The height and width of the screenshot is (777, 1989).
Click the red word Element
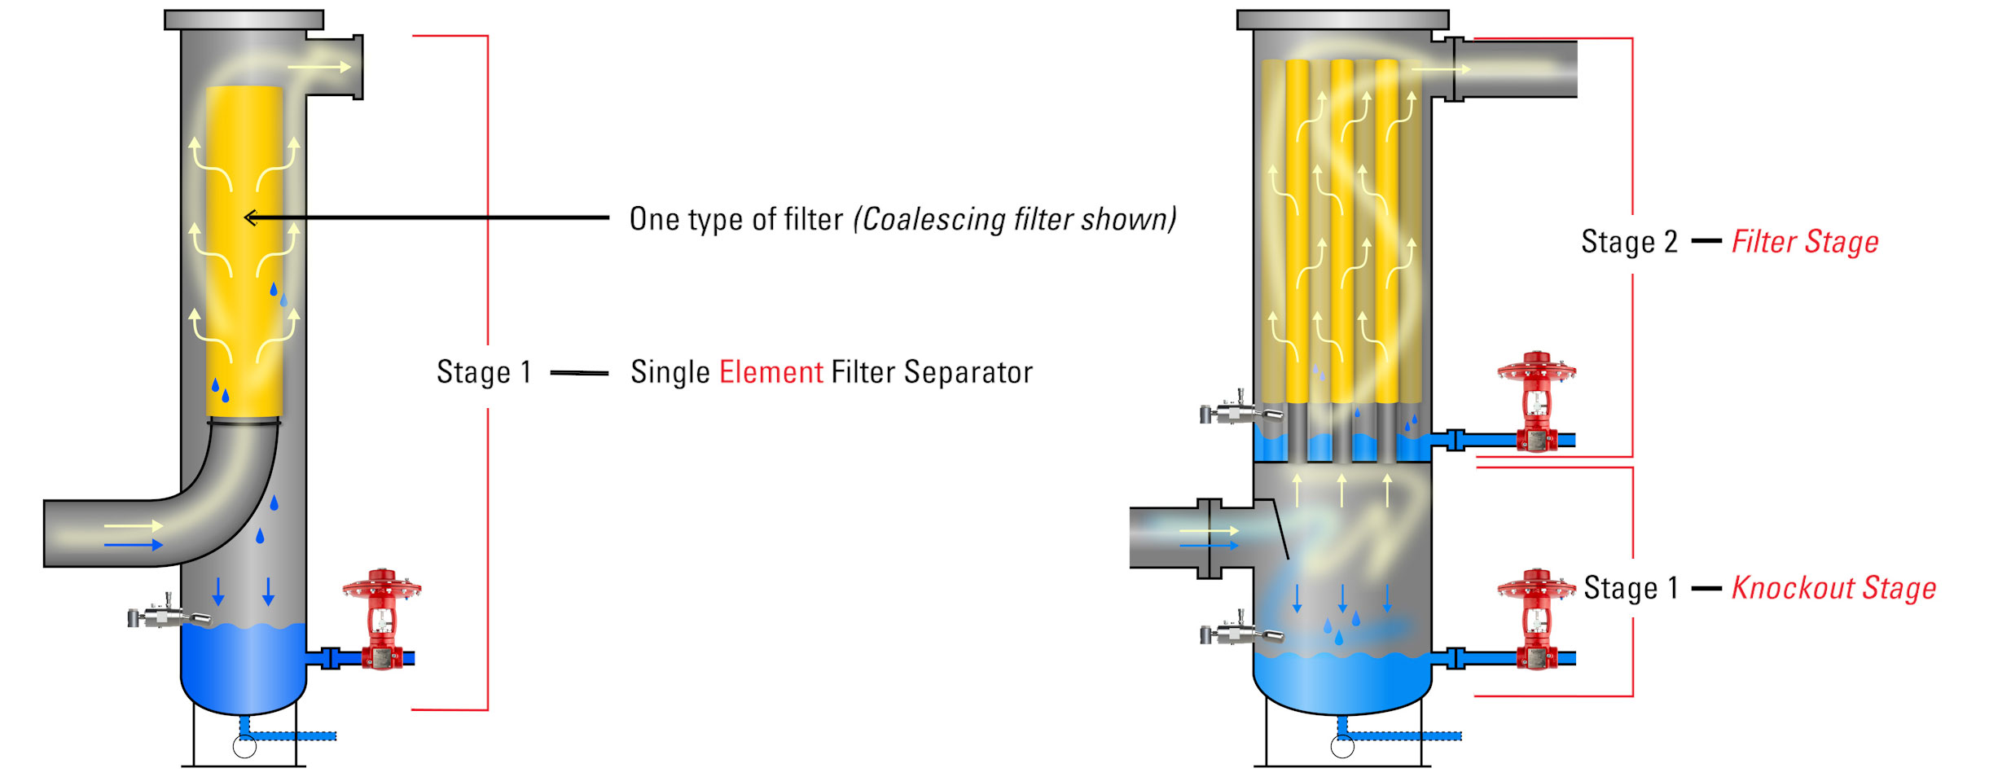tap(771, 372)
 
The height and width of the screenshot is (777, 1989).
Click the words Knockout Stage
tap(1833, 588)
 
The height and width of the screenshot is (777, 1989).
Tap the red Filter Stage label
tap(1804, 242)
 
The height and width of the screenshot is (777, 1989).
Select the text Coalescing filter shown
tap(1014, 219)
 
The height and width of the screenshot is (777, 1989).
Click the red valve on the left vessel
tap(381, 619)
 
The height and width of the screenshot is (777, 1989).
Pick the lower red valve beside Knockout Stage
tap(1536, 619)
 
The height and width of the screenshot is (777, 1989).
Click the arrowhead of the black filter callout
tap(250, 217)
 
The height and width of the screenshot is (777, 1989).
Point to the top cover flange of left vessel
tap(244, 20)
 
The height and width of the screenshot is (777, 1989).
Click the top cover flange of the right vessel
tap(1342, 20)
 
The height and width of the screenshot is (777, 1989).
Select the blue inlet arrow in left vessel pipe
tap(134, 544)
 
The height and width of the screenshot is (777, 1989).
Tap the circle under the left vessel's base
tap(244, 746)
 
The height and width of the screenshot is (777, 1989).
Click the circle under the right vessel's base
tap(1342, 746)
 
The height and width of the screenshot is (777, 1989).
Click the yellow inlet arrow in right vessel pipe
tap(1209, 531)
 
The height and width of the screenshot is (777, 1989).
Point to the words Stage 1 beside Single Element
tap(484, 372)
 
